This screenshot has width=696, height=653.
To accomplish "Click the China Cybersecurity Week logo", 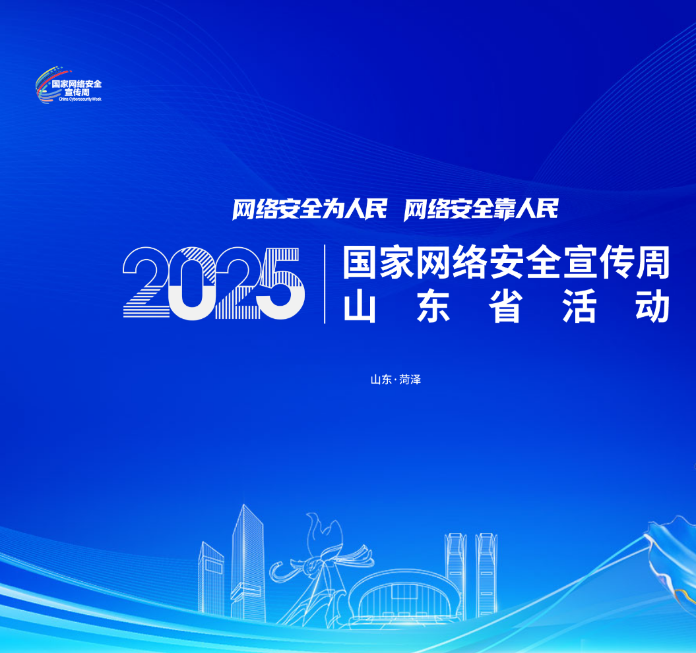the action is [69, 85].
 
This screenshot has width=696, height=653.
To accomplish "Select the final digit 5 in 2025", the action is [280, 283].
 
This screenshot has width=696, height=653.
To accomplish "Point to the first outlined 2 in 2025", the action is [146, 282].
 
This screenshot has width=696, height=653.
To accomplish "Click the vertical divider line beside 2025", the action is [325, 284].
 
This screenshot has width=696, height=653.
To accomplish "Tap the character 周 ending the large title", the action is [653, 262].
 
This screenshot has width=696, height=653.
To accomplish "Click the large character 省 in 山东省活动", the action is [505, 306].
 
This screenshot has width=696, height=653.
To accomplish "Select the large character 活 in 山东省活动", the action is [579, 306].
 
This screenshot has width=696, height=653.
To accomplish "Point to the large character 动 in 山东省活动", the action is [652, 306].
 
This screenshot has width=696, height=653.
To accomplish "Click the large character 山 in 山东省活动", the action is [360, 306].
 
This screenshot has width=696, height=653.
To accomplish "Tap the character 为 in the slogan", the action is [332, 209].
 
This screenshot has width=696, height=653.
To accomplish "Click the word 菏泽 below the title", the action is [410, 380].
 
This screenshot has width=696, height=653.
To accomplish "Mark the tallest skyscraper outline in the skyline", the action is [247, 563].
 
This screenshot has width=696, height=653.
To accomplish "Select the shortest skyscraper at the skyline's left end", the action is [211, 579].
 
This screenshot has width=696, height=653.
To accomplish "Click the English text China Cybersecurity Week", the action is [80, 99].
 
